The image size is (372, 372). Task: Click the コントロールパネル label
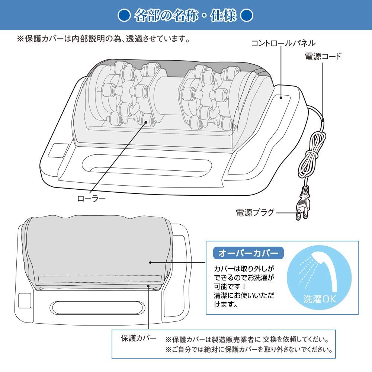click(283, 43)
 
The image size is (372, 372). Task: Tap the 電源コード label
click(323, 57)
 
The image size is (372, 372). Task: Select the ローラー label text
click(91, 199)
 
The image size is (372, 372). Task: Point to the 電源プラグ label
click(255, 212)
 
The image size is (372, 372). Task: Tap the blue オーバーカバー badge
click(248, 253)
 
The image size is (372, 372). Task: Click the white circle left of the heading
click(123, 16)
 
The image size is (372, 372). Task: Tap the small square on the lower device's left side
click(24, 301)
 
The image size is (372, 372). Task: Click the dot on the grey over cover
click(150, 262)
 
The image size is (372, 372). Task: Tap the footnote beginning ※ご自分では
click(249, 350)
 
